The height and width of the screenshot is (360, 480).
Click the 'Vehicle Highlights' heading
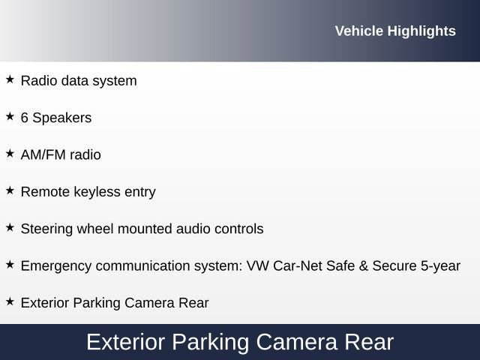[x=395, y=31]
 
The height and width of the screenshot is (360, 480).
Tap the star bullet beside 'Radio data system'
[x=10, y=79]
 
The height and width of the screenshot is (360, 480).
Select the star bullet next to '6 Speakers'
[x=10, y=117]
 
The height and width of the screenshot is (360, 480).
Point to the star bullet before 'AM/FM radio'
[x=10, y=154]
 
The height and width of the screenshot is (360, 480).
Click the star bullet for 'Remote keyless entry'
[x=10, y=190]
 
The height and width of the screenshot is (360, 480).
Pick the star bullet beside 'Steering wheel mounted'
[x=10, y=227]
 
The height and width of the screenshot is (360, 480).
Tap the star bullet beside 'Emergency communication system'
[x=10, y=265]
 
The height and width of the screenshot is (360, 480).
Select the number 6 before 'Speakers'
[x=25, y=118]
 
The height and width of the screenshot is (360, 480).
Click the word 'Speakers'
[x=62, y=118]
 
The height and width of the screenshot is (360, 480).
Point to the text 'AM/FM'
[x=42, y=154]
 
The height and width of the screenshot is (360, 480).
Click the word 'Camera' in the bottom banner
[x=296, y=343]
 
